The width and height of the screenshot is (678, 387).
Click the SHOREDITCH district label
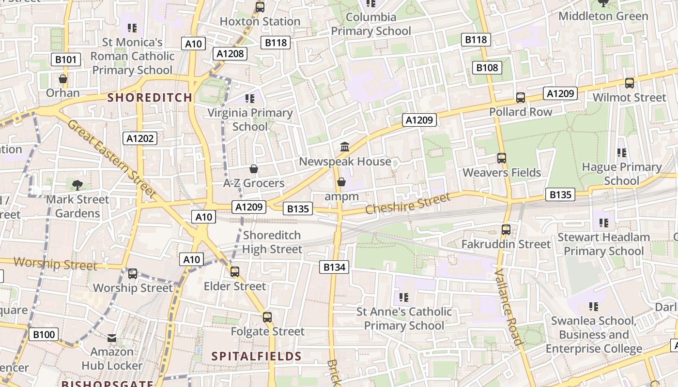[150, 97]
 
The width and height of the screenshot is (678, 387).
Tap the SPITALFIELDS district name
[256, 357]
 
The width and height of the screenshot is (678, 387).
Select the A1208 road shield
[230, 54]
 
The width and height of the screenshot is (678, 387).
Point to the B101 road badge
[66, 60]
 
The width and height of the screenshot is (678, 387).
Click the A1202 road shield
[140, 139]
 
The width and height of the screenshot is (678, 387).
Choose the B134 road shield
[334, 267]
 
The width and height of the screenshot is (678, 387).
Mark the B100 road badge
[43, 334]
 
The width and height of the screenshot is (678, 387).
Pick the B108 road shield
[487, 68]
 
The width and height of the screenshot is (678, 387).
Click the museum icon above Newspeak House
[345, 147]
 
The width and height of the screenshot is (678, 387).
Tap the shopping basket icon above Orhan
[63, 78]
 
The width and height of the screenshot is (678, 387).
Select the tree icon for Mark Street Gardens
[77, 184]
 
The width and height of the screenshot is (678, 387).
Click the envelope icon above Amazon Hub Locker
[112, 338]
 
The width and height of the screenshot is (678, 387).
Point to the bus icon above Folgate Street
[267, 317]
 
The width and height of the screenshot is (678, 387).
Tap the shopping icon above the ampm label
[341, 182]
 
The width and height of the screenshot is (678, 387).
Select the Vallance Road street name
[509, 306]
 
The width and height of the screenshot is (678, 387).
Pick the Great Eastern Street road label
[112, 159]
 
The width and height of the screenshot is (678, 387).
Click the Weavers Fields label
[502, 173]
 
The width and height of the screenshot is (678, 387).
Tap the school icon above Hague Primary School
[622, 153]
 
